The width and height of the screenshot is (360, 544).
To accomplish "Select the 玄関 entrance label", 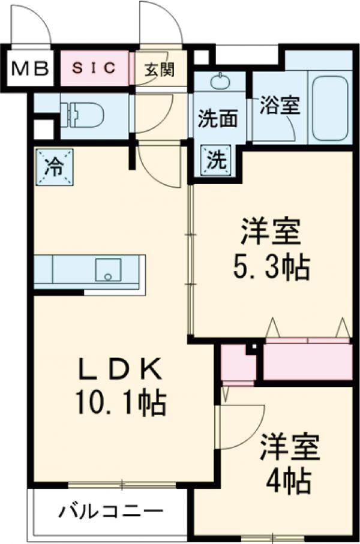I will pos(159,70).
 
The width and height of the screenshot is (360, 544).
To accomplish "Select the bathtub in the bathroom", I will pos(329,107).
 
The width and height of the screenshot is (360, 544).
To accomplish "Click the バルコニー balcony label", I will pos(111,513).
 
